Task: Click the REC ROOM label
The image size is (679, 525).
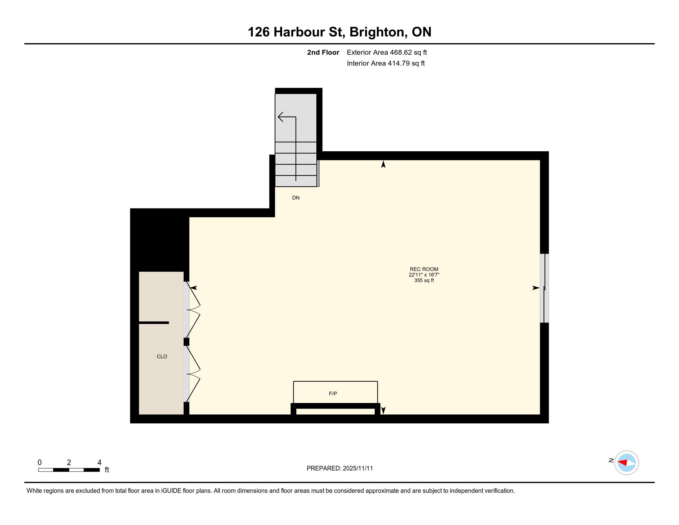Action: pos(424,269)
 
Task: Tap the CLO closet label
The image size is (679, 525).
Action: pos(162,356)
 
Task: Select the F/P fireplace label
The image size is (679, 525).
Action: pos(333,393)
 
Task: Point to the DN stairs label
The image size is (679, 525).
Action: pos(296,198)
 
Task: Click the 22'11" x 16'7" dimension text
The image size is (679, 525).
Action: pos(424,275)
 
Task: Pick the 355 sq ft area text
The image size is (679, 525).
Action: pos(424,280)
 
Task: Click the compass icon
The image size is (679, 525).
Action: pos(627,463)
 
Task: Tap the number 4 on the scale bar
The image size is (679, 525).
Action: pos(99,463)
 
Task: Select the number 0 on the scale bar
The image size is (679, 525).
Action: pos(40,463)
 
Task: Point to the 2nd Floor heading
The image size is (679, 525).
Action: pos(323,52)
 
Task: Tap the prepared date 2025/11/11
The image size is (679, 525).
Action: pos(357,468)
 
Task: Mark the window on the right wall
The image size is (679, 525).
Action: pos(544,288)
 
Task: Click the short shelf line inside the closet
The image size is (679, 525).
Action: pos(154,323)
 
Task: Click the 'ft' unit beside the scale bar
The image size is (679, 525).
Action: pos(107,470)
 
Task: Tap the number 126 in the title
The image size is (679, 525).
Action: pos(259,32)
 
